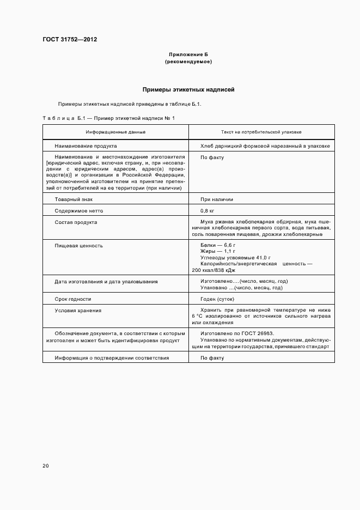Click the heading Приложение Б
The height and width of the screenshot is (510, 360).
click(188, 54)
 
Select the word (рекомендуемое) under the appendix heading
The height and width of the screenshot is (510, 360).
click(188, 62)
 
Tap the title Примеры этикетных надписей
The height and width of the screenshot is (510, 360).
click(188, 89)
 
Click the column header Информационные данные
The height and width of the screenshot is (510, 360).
click(115, 132)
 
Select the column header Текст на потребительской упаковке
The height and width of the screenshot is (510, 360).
click(261, 132)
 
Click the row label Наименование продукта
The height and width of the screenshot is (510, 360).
click(86, 146)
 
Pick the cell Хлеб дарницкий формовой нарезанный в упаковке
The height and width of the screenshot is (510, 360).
click(265, 146)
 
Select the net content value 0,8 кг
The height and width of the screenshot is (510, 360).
click(209, 211)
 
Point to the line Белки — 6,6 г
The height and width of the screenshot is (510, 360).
click(218, 246)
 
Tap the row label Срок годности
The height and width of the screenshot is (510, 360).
click(73, 299)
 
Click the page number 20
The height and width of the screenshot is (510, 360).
click(45, 466)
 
